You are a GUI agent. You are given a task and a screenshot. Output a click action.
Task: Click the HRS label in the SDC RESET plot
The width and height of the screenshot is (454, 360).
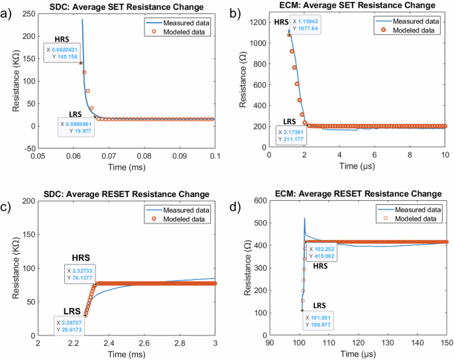(x=83, y=257)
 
